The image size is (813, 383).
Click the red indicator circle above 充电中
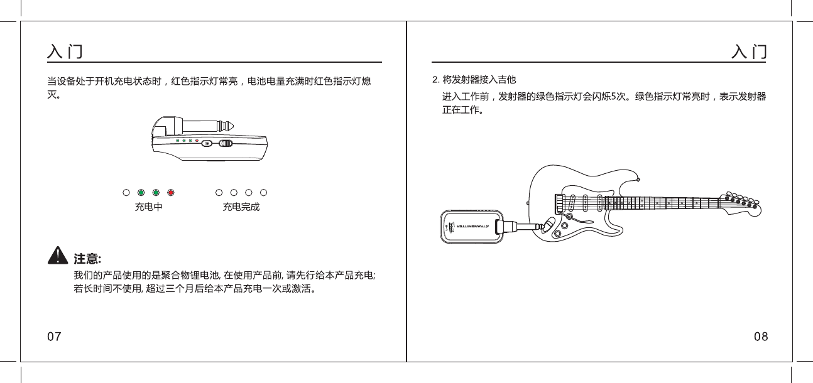click(x=170, y=192)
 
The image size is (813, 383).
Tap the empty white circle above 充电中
click(x=126, y=192)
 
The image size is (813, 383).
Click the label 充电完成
click(x=241, y=207)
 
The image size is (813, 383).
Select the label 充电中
click(x=148, y=207)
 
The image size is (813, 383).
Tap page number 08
click(x=760, y=337)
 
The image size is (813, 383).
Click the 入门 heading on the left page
click(x=65, y=51)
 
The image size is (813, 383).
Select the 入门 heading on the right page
click(x=750, y=51)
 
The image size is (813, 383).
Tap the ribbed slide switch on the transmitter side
click(x=226, y=143)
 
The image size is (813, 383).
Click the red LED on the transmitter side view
click(x=197, y=141)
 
